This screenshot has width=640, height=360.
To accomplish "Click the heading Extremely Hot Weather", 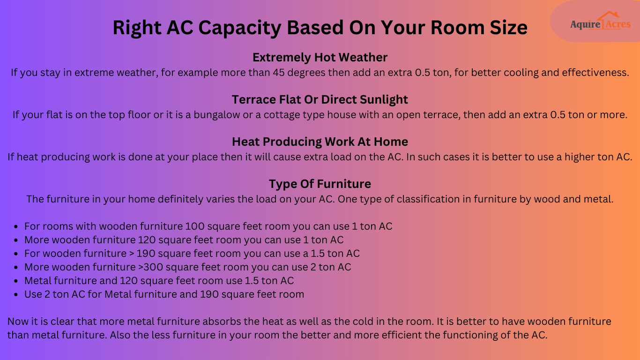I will coord(320,58).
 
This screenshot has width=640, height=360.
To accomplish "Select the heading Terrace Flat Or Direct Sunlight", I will coord(320,100).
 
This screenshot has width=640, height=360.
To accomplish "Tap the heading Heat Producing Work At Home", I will coord(320,142).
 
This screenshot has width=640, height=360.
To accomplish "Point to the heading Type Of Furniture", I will coord(320,184).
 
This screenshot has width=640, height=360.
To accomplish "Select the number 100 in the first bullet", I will coord(194,226).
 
